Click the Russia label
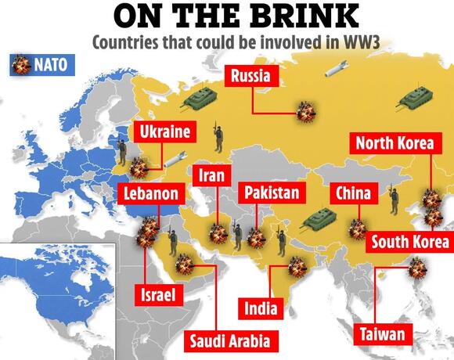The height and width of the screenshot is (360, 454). pyautogui.click(x=251, y=76)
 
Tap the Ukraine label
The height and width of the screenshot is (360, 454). pyautogui.click(x=164, y=131)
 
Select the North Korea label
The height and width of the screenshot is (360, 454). pyautogui.click(x=391, y=143)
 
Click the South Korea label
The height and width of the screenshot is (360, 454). pyautogui.click(x=409, y=240)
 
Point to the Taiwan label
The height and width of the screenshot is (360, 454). pyautogui.click(x=383, y=334)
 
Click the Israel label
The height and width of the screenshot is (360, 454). pyautogui.click(x=159, y=295)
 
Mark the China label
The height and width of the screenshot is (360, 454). pyautogui.click(x=353, y=192)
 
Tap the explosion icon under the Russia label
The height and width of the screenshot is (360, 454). pyautogui.click(x=304, y=113)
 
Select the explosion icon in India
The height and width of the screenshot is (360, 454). pyautogui.click(x=297, y=268)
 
